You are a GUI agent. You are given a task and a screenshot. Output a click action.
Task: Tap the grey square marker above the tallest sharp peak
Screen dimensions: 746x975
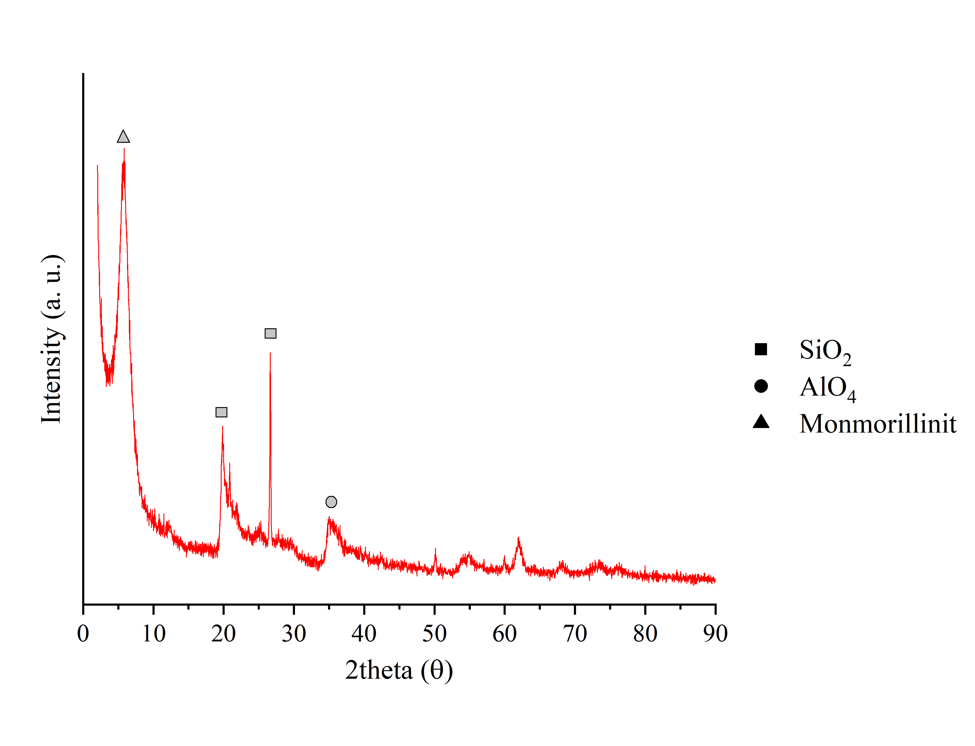click(270, 333)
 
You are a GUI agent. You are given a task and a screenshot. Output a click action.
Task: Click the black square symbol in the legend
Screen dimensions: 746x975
click(761, 350)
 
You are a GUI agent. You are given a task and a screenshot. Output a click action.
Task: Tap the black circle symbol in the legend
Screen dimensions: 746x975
click(761, 386)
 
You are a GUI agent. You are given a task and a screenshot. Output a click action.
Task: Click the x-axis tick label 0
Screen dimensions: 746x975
click(83, 634)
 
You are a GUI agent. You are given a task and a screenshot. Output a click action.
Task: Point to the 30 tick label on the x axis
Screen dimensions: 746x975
click(294, 634)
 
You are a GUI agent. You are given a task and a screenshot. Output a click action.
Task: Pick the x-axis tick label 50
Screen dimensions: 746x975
click(434, 634)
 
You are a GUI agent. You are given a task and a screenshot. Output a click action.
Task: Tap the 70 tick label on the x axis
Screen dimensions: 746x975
click(575, 634)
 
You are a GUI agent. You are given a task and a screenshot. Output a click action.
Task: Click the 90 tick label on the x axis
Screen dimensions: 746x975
click(715, 634)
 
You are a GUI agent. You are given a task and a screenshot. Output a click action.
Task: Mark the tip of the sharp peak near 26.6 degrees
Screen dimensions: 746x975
click(270, 353)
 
